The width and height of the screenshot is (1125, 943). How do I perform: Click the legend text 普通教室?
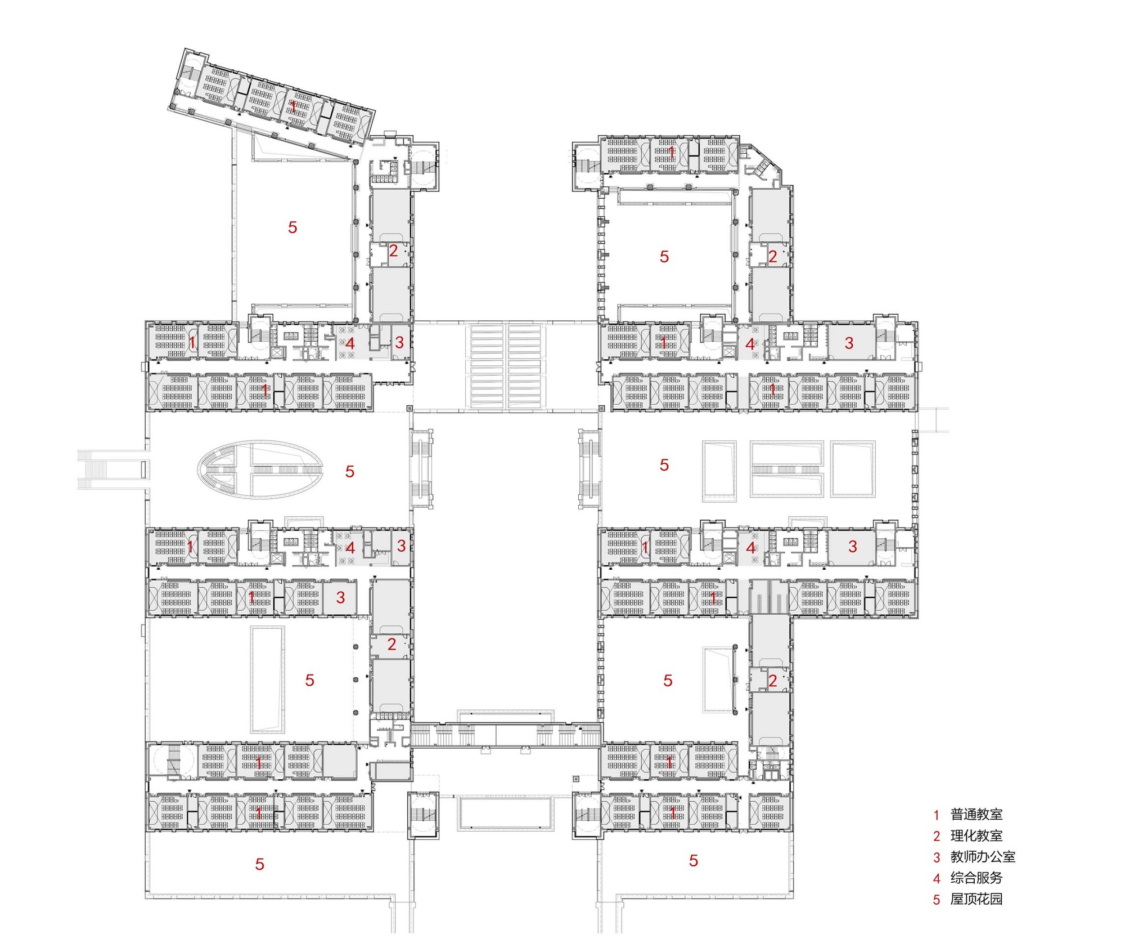click(x=976, y=814)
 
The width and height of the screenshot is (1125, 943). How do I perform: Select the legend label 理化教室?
click(x=976, y=835)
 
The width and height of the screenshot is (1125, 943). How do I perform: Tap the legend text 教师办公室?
click(x=982, y=857)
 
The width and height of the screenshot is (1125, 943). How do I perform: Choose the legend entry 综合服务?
click(x=976, y=878)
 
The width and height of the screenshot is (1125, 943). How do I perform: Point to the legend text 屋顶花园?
click(x=976, y=899)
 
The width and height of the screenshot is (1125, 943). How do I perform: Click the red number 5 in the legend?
click(x=937, y=900)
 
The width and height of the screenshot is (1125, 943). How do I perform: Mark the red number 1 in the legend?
click(x=937, y=815)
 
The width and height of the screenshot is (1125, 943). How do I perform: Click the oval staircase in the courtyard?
click(x=260, y=470)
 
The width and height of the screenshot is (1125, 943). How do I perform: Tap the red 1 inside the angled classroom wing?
click(x=293, y=106)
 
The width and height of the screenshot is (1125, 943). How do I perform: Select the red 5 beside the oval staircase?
click(x=350, y=471)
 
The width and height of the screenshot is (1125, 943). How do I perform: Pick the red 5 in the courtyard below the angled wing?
click(x=292, y=227)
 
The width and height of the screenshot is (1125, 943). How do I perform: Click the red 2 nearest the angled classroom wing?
click(x=393, y=251)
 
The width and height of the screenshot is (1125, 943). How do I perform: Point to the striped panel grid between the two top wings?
click(x=506, y=366)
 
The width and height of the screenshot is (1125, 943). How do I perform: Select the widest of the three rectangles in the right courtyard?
click(x=787, y=469)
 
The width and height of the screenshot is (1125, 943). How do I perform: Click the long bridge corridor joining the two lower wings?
click(x=506, y=734)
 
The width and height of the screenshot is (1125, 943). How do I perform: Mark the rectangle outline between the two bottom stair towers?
click(x=505, y=812)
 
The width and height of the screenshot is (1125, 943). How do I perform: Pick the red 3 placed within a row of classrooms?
click(x=340, y=597)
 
